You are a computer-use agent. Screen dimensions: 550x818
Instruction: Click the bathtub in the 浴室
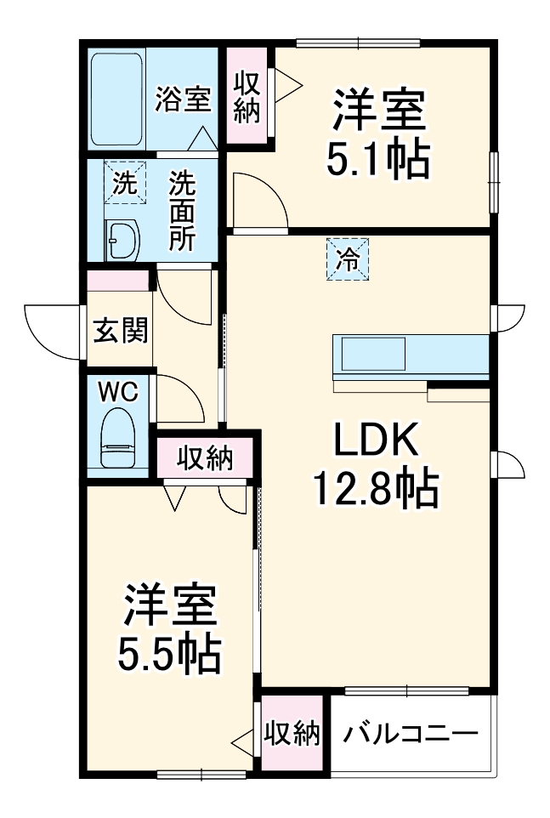[116, 99]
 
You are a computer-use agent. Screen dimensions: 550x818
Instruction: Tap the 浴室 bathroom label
[183, 99]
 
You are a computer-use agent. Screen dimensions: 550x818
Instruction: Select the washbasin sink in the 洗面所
[122, 240]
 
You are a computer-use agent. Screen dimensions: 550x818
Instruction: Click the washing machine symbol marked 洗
[125, 183]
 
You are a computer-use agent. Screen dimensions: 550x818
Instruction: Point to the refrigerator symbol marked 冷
[348, 258]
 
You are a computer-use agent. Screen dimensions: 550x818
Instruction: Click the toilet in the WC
[118, 437]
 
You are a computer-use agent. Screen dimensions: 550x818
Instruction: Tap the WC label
[119, 392]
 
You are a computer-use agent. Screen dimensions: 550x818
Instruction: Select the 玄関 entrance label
[121, 330]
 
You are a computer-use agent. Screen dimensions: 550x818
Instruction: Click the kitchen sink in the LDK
[373, 354]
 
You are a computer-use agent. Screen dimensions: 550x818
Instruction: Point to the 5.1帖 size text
[378, 159]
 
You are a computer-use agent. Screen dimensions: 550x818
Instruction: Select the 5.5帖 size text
[170, 654]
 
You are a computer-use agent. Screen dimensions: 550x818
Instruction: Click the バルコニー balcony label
[411, 735]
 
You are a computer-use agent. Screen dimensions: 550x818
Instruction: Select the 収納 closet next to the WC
[205, 457]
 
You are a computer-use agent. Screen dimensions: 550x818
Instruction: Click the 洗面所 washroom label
[182, 211]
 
